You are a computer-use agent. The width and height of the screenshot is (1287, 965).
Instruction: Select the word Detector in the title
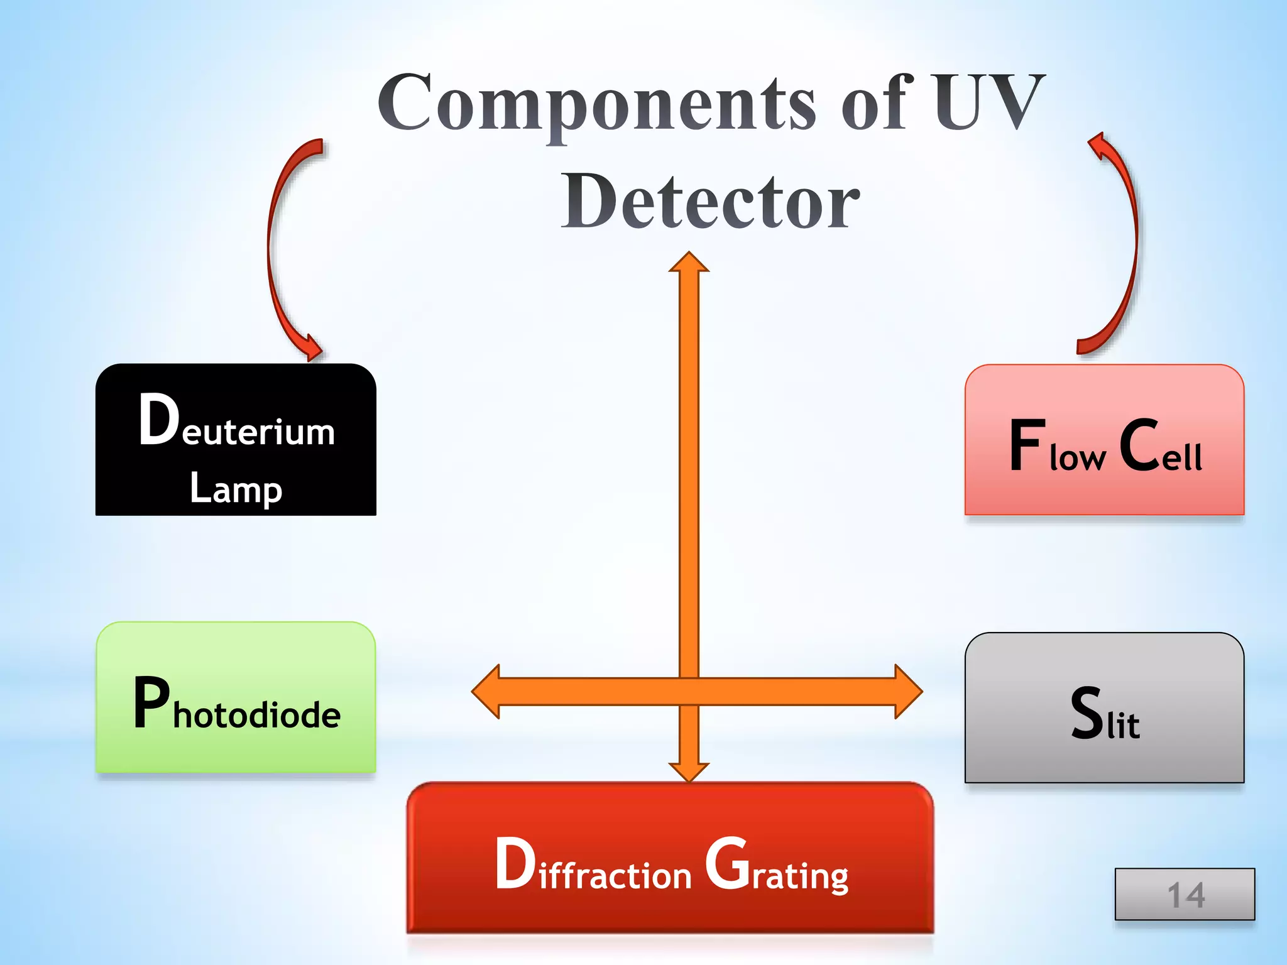(710, 201)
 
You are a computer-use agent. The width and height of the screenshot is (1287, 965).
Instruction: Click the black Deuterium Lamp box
(236, 440)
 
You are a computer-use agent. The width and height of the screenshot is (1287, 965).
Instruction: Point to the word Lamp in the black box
(236, 488)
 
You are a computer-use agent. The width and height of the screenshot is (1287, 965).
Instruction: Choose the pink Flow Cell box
(1104, 440)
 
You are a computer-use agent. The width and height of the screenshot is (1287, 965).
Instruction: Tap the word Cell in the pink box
(1161, 446)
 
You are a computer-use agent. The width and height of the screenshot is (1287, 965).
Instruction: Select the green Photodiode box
(236, 697)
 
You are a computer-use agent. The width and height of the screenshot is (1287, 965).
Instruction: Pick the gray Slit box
(1104, 708)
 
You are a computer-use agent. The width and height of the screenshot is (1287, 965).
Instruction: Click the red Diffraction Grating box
(670, 858)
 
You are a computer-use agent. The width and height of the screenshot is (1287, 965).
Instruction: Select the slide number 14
(1185, 894)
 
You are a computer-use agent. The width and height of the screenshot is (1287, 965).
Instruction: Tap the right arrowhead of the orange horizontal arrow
(908, 691)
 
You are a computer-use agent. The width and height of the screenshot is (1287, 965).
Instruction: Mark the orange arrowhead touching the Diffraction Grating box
(689, 771)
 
